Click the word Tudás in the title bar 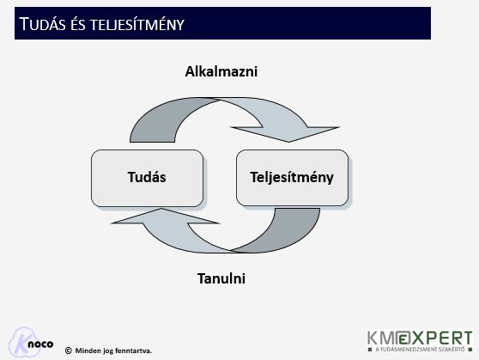click(45, 23)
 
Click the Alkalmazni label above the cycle click(221, 72)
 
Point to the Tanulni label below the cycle click(221, 279)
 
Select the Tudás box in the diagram click(147, 178)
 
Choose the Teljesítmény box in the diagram click(292, 178)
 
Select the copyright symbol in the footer click(68, 350)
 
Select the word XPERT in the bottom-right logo click(446, 337)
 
